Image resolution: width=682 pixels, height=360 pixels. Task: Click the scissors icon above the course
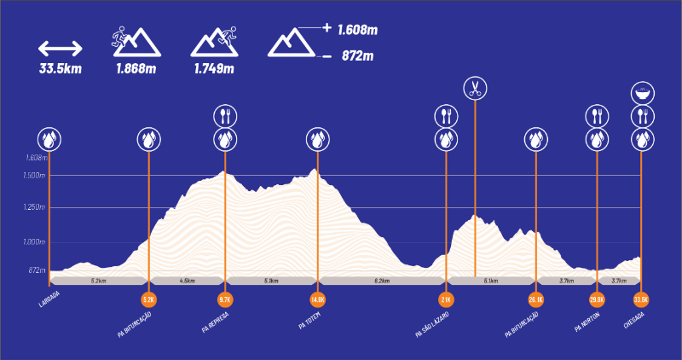click(475, 87)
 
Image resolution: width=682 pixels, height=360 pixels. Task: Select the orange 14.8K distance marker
click(318, 299)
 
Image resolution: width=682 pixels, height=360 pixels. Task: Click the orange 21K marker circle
click(446, 299)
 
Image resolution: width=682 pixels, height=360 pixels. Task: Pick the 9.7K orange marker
click(225, 299)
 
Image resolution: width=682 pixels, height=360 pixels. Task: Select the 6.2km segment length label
click(381, 280)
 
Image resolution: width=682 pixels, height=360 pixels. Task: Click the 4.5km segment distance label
click(187, 280)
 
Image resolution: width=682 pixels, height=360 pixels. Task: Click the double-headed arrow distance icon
click(60, 48)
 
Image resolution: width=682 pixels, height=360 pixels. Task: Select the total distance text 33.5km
click(60, 69)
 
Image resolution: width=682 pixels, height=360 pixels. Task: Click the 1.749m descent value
click(213, 69)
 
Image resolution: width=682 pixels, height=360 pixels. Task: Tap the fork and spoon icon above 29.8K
click(597, 115)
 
